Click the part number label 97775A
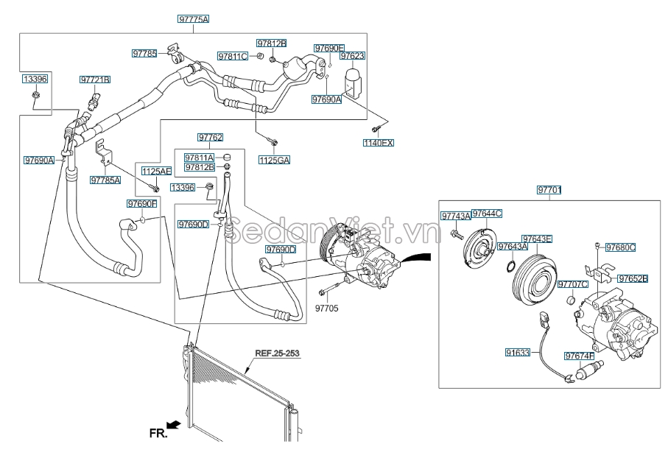[x=193, y=19]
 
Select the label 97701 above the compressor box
[x=549, y=190]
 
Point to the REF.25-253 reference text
[x=277, y=353]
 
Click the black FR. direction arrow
[x=174, y=425]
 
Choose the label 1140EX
[x=379, y=143]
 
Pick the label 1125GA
[x=273, y=159]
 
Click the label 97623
[x=352, y=55]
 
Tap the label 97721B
[x=95, y=79]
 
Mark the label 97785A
[x=105, y=180]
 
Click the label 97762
[x=210, y=137]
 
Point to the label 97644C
[x=486, y=214]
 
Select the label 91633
[x=517, y=353]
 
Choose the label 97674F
[x=579, y=356]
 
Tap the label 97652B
[x=632, y=279]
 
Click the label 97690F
[x=141, y=203]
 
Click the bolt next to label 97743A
[x=456, y=234]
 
